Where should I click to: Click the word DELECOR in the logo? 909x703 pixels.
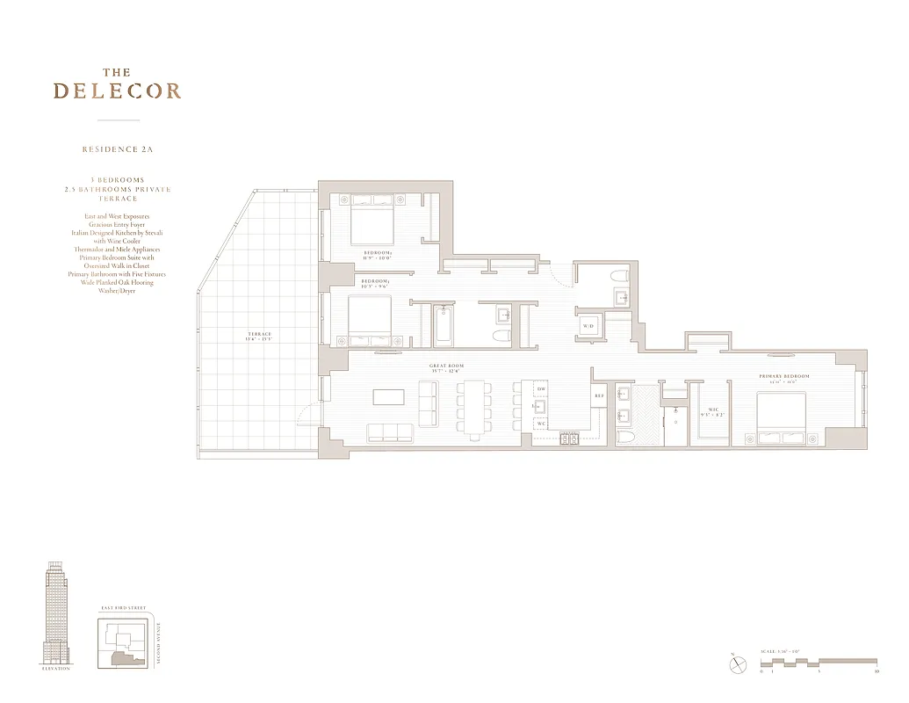(117, 91)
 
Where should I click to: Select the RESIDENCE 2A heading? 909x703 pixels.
(118, 149)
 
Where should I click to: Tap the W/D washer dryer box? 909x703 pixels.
(588, 326)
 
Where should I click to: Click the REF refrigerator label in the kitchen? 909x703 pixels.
(600, 396)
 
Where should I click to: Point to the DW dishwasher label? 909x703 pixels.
(542, 388)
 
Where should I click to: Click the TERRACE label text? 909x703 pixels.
(260, 334)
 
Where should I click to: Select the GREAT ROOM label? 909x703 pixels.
(447, 366)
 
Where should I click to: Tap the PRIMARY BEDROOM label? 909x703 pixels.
(784, 376)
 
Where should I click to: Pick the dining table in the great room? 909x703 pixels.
(475, 407)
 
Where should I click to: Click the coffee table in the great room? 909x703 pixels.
(388, 397)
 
